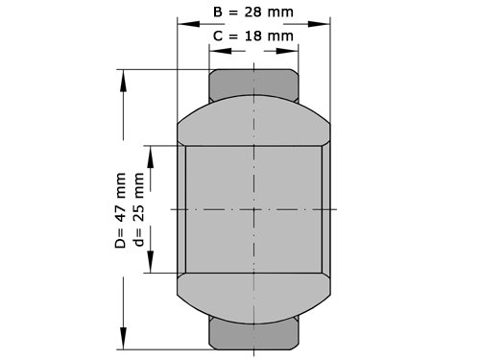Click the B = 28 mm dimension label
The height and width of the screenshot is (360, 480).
(253, 12)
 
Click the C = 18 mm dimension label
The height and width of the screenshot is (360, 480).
(253, 36)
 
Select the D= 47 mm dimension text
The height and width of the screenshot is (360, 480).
(120, 210)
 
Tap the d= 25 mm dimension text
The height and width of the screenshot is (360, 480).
(139, 209)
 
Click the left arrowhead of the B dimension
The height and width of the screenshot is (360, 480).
(189, 24)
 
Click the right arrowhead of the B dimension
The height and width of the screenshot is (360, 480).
(319, 24)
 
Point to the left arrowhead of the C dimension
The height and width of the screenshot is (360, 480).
(221, 51)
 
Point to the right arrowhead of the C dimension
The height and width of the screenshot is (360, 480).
(287, 51)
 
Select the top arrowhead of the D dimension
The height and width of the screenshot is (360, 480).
(123, 81)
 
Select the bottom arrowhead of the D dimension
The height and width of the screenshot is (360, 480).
(123, 338)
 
